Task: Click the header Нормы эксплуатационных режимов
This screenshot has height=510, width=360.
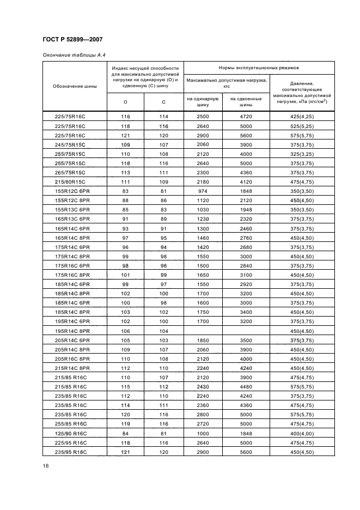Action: click(259, 68)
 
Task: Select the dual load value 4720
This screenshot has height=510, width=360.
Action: click(246, 117)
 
